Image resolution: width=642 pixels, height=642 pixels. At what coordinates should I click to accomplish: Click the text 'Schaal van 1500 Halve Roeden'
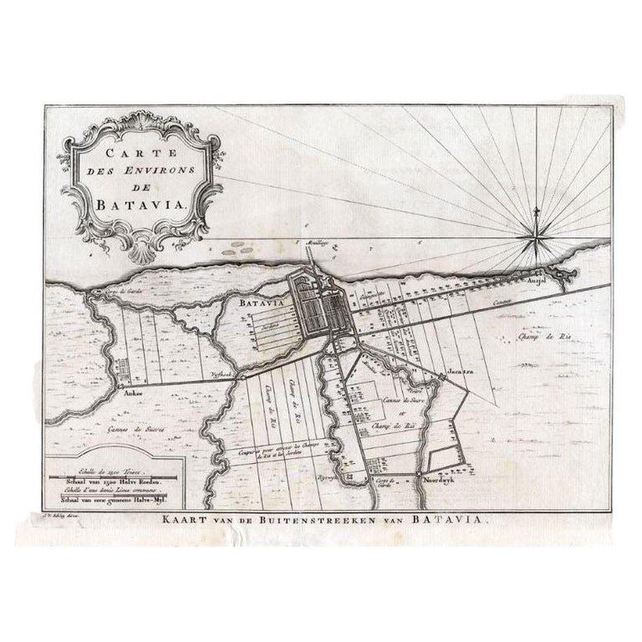click(110, 483)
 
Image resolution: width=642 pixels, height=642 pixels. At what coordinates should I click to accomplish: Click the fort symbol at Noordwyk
click(420, 475)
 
